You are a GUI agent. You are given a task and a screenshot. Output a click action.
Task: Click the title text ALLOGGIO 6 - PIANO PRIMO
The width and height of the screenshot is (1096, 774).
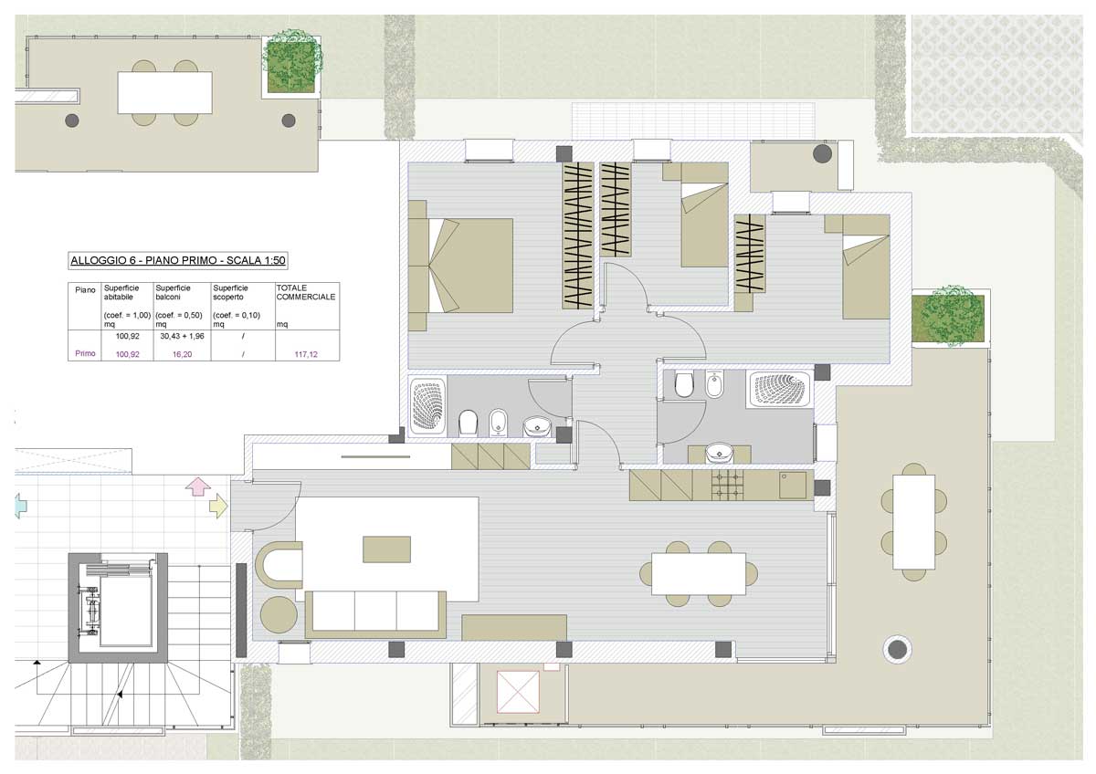point(143,260)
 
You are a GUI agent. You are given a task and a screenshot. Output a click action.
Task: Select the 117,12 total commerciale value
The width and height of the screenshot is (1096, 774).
point(306,354)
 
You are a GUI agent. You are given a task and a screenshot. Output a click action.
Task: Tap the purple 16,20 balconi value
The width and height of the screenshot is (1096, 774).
point(182,354)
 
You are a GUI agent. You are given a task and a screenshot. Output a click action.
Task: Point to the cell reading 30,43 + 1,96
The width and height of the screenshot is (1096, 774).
point(182,336)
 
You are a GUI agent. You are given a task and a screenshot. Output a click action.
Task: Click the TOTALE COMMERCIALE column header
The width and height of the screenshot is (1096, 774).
point(306,292)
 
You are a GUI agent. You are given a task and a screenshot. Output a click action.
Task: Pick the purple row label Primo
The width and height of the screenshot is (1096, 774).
point(85,353)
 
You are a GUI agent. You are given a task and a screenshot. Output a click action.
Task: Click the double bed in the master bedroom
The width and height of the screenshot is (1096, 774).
point(461,266)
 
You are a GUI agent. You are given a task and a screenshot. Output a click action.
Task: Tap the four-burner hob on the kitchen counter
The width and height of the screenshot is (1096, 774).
point(728,485)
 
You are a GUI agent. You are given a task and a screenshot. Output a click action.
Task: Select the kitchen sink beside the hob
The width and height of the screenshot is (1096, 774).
point(793,485)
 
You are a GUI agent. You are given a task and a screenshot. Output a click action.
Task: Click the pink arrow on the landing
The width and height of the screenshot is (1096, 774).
point(198,487)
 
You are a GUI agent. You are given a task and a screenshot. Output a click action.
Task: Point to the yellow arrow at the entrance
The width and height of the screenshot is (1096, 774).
point(218,506)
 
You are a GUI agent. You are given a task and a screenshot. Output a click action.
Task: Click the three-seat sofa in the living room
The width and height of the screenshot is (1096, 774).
point(375,614)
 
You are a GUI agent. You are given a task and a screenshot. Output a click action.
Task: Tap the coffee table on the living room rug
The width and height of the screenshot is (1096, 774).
point(386,549)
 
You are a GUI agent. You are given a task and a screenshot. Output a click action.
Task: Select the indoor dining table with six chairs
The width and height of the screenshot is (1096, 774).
point(699,573)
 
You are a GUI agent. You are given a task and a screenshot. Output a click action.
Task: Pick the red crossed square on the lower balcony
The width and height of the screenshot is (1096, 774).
point(518,691)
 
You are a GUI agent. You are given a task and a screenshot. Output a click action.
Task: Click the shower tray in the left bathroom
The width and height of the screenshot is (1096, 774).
point(428,406)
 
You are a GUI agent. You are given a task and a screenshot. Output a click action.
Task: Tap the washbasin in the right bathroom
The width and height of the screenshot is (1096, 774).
point(719,453)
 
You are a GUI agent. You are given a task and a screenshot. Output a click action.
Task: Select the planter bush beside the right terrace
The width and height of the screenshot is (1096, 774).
point(952,317)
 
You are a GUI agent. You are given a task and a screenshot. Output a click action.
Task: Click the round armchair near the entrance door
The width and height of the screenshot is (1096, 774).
point(279,615)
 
